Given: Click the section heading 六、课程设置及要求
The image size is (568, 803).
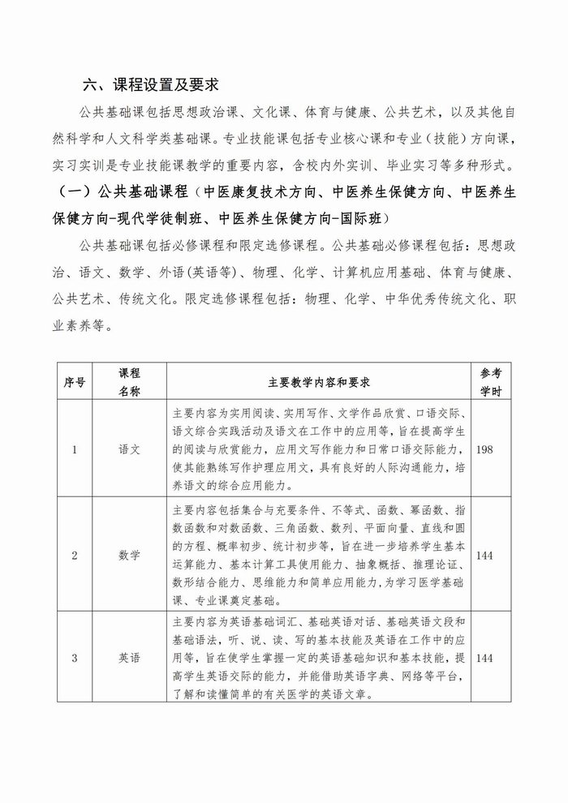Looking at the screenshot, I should (x=153, y=85).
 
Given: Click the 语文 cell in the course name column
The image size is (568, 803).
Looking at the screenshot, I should (x=129, y=449).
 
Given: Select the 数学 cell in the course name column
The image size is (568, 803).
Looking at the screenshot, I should (x=129, y=556).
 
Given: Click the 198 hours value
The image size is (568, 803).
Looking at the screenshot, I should (x=486, y=449).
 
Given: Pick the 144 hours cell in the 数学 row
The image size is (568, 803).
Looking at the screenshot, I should (x=486, y=556).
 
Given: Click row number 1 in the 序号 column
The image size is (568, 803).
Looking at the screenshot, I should (x=75, y=449).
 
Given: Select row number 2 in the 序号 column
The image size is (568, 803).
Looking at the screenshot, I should (x=75, y=556).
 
